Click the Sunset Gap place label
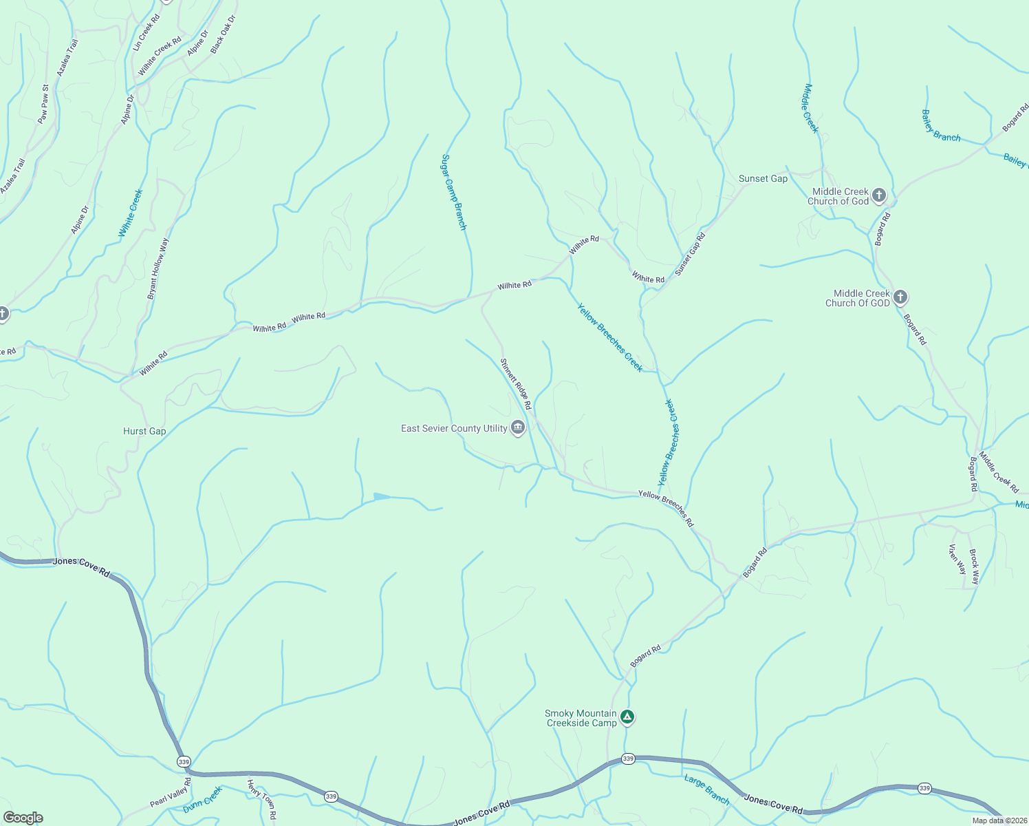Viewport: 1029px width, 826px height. (x=763, y=179)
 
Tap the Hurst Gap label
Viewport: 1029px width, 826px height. (x=144, y=432)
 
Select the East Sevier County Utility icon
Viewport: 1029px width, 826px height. (x=519, y=428)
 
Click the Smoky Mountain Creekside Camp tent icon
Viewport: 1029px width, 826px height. (x=627, y=717)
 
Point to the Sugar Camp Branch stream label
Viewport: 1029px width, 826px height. (x=454, y=192)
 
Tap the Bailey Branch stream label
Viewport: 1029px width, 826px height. (x=940, y=126)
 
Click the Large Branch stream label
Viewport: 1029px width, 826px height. (x=706, y=790)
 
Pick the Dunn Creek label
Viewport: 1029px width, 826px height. (x=203, y=800)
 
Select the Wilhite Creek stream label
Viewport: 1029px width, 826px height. (x=131, y=213)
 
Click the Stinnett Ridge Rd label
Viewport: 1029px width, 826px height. (x=515, y=384)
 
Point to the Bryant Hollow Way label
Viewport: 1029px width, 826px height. (x=158, y=269)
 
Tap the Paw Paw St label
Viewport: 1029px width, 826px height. (x=43, y=105)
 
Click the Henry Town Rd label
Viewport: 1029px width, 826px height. (x=262, y=799)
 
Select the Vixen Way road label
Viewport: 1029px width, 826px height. (x=957, y=559)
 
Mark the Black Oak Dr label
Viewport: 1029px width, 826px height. (x=223, y=34)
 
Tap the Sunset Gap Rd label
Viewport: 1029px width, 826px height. (x=690, y=255)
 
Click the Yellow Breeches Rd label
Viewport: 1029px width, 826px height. (x=666, y=508)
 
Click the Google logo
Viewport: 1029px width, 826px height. (x=23, y=818)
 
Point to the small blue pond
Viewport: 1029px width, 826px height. (x=382, y=496)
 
